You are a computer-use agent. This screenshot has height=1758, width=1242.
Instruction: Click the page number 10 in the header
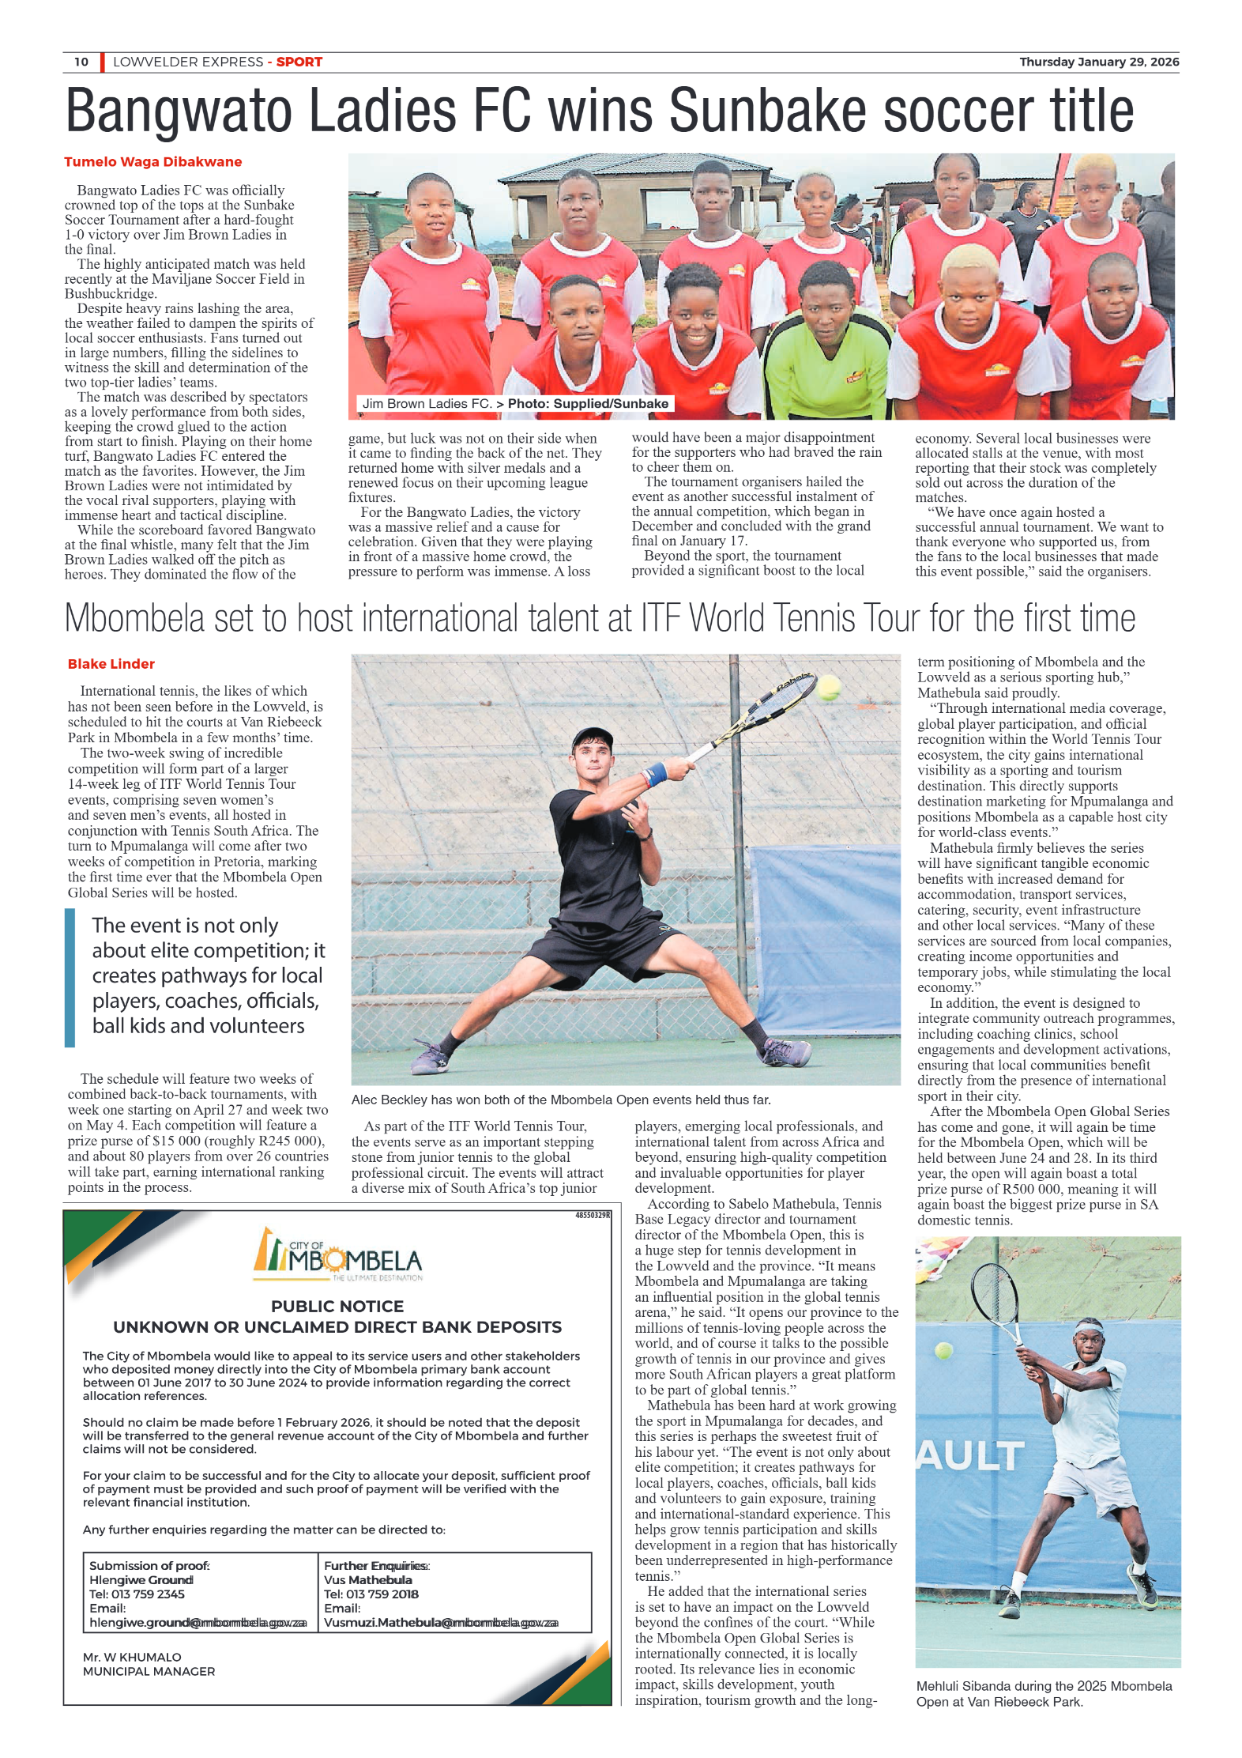(81, 62)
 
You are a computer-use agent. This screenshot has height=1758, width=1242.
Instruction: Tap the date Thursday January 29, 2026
(1098, 62)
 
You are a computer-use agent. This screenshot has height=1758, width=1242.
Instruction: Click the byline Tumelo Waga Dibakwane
(152, 162)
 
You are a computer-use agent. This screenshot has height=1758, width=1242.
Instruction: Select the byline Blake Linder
(111, 664)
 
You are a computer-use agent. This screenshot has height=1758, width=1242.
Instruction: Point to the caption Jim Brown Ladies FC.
(427, 404)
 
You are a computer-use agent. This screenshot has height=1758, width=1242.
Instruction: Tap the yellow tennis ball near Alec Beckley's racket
(828, 687)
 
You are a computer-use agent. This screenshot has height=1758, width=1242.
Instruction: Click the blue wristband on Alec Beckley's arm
(655, 773)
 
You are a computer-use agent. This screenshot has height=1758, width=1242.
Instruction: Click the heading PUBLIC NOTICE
(337, 1307)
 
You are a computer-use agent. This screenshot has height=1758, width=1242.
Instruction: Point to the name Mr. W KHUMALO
(132, 1657)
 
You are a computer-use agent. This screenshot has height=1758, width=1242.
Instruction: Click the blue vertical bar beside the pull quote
(70, 977)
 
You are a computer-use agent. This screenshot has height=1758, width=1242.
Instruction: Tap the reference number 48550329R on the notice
(593, 1216)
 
